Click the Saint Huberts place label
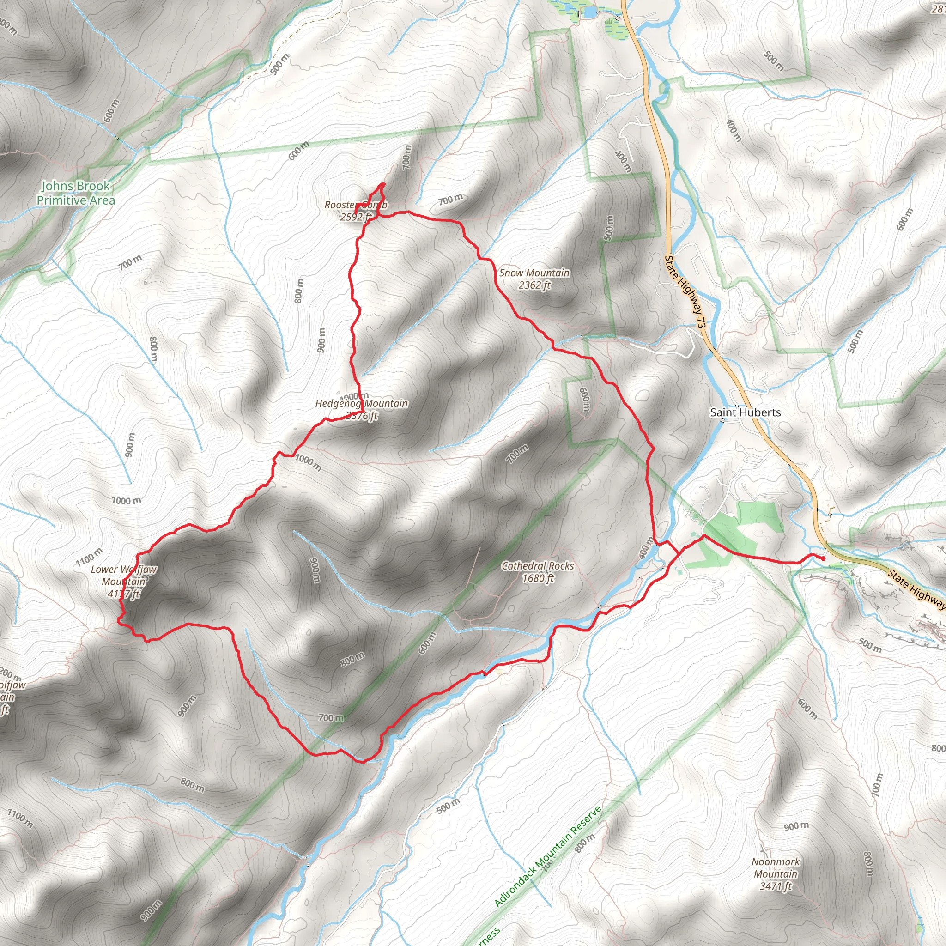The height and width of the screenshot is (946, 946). (x=745, y=412)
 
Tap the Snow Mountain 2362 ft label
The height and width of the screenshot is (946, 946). (x=534, y=279)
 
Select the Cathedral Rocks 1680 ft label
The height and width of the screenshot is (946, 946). (x=538, y=571)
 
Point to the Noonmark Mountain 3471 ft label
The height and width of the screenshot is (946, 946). (x=776, y=874)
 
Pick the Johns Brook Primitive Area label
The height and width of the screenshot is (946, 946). (x=76, y=193)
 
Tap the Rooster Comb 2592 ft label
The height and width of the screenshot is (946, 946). (x=356, y=211)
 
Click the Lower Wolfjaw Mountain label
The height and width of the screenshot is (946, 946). (x=124, y=581)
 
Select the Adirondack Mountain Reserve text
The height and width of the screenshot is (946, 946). (x=548, y=856)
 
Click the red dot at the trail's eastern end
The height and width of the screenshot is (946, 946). (x=823, y=558)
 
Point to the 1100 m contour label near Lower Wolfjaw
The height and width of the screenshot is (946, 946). (x=89, y=558)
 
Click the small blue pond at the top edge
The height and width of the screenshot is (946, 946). (x=589, y=11)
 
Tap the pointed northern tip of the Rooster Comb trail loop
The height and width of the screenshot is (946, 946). (x=383, y=184)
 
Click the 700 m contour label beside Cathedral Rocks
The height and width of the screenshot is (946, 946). (x=517, y=454)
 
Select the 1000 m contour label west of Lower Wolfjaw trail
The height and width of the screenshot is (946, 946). (x=126, y=500)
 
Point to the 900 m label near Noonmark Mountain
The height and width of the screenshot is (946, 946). (x=797, y=826)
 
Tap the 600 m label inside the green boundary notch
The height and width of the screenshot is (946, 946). (x=584, y=400)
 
